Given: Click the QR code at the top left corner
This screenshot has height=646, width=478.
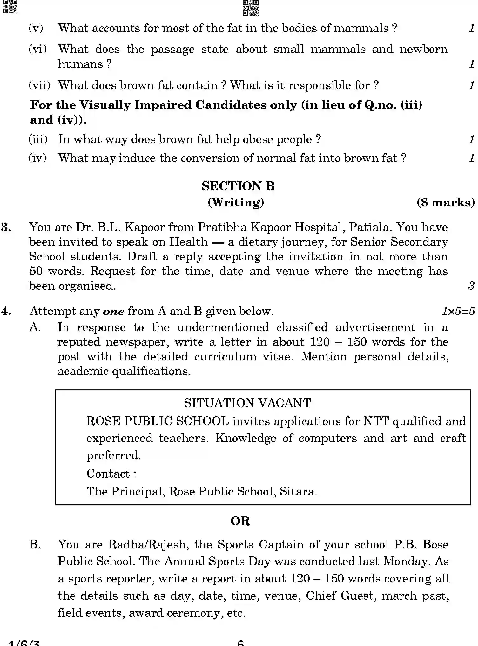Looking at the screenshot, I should click(x=9, y=6).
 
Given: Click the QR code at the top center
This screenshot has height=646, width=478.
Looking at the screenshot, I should click(x=250, y=8).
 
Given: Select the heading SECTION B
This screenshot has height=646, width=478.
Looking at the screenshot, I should click(x=238, y=186).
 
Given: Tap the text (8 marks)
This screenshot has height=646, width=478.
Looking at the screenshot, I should click(x=445, y=202).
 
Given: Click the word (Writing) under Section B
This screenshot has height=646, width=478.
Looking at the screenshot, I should click(x=236, y=202).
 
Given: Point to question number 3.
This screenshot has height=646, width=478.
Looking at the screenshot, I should click(x=6, y=227).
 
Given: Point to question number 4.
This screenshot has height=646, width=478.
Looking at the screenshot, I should click(x=6, y=311).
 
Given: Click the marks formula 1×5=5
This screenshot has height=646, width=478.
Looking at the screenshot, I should click(x=458, y=311).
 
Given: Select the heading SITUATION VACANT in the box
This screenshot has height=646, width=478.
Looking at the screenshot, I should click(x=247, y=403).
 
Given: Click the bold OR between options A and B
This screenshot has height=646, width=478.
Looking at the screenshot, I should click(x=240, y=521).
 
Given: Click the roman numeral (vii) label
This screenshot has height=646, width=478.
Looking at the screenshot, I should click(x=39, y=85).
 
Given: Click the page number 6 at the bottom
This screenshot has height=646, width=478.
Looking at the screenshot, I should click(x=240, y=643).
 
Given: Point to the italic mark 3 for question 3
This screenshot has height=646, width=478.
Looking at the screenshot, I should click(x=471, y=286).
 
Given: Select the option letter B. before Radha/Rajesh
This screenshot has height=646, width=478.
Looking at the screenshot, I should click(x=35, y=544).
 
